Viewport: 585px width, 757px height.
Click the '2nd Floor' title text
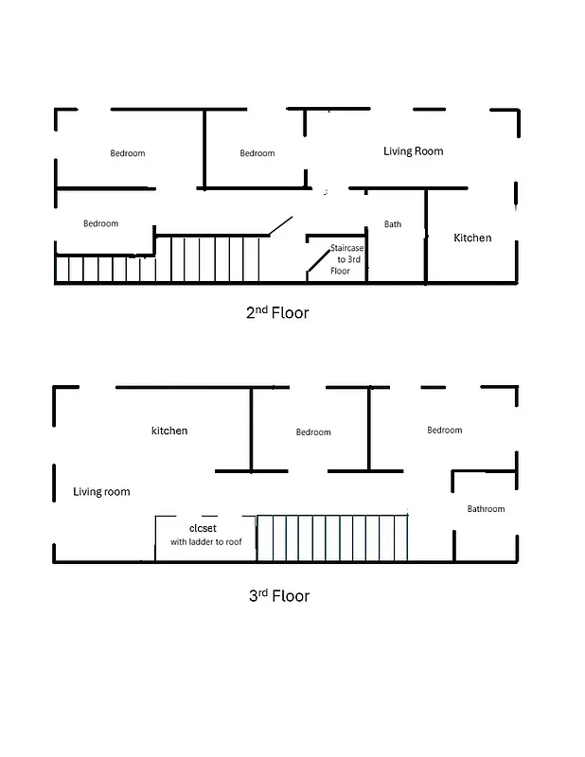277,312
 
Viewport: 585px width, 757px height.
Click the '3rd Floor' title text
278,596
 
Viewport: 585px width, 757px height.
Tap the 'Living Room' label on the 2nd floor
413,151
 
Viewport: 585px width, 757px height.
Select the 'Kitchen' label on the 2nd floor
472,238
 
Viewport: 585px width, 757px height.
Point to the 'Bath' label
393,224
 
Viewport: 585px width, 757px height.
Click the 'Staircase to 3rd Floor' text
346,259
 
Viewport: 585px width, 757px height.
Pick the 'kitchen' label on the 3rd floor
169,431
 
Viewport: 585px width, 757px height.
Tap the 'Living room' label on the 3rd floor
101,492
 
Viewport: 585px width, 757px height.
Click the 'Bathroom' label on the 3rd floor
486,509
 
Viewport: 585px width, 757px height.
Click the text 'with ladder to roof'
206,542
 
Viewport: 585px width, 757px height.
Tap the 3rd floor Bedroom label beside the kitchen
313,432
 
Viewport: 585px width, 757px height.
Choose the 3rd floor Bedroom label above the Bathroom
444,431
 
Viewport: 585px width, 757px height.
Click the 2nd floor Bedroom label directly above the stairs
100,224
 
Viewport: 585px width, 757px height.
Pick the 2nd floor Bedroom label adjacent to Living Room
257,153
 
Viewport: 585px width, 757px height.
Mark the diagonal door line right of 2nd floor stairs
279,226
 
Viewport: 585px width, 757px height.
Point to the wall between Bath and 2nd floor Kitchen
426,237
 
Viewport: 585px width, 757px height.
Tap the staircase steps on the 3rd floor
331,539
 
